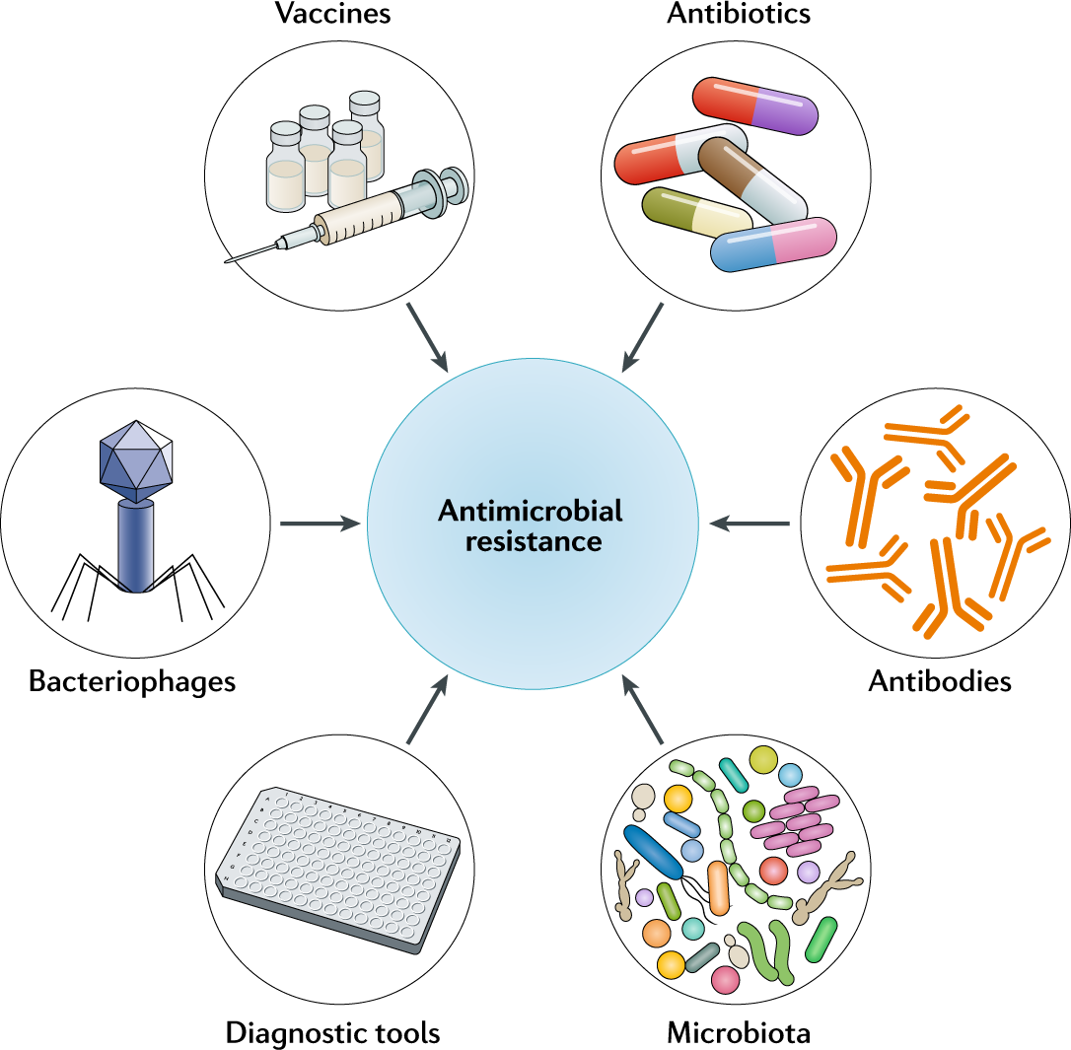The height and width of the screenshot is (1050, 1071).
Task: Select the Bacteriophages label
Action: click(132, 681)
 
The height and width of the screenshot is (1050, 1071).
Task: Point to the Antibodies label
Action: click(940, 681)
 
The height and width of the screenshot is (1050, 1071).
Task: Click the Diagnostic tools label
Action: click(332, 1032)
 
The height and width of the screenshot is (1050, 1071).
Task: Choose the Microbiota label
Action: click(739, 1032)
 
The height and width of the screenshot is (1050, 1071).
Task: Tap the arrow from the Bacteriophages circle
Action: click(321, 524)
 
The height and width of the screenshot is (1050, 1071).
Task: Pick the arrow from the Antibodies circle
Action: click(750, 524)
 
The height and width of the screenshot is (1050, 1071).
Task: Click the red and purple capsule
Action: click(756, 105)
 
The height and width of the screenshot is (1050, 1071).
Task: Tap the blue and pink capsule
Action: click(773, 245)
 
